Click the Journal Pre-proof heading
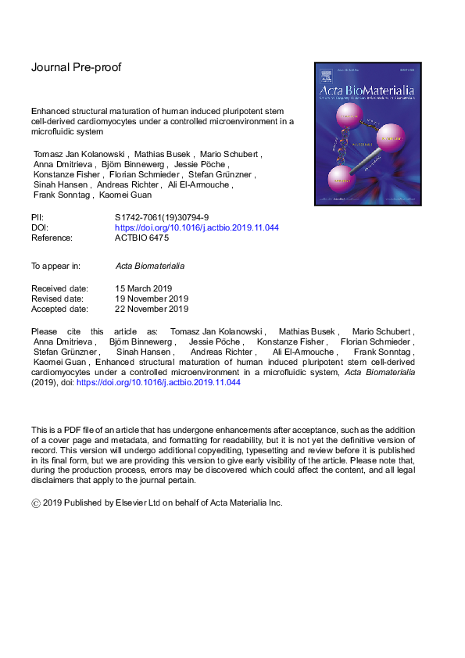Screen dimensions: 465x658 pos(76,67)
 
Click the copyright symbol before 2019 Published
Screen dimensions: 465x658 pos(36,502)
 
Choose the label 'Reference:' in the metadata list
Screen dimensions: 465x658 pos(52,238)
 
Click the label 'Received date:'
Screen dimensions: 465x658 pos(59,288)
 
